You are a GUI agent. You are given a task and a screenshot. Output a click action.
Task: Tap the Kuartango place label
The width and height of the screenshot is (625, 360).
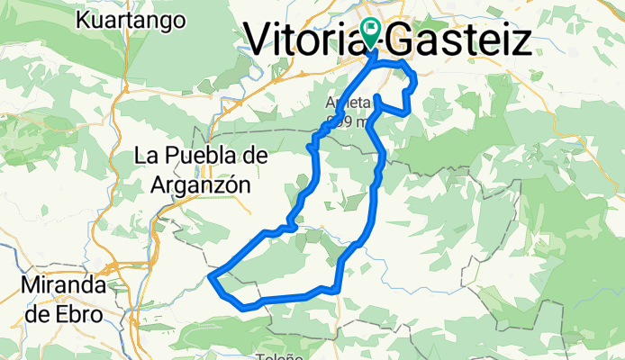pos(131,20)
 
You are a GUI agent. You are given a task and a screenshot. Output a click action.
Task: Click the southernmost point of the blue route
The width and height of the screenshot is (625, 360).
pos(244,308)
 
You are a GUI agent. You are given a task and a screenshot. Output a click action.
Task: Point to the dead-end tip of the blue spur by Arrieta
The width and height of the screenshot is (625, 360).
pos(376,95)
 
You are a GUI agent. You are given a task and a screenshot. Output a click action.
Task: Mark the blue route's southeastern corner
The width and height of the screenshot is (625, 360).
pos(338,289)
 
